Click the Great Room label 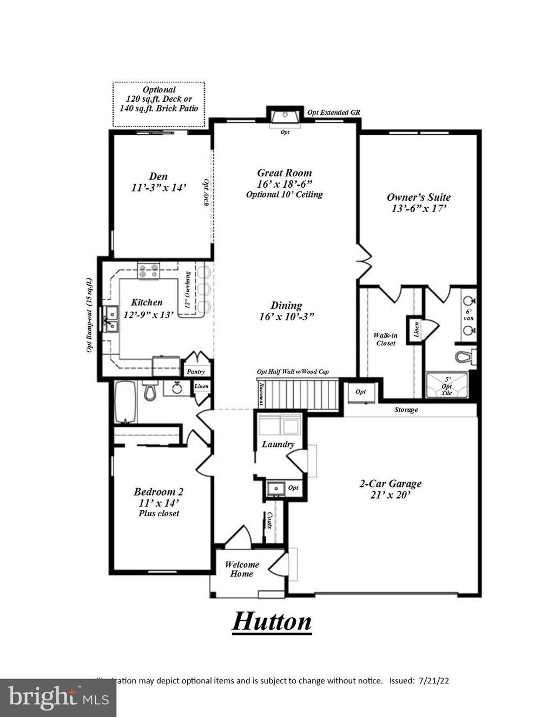[284, 173]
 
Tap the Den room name [159, 176]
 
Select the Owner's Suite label [418, 198]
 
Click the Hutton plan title [272, 621]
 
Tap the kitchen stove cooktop [149, 270]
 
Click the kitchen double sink [112, 319]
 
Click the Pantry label [195, 372]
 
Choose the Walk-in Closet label [385, 339]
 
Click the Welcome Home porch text [242, 569]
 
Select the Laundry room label [278, 444]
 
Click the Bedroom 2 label [159, 492]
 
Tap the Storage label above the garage [406, 410]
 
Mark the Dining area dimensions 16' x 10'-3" [286, 317]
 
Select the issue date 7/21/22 [432, 681]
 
